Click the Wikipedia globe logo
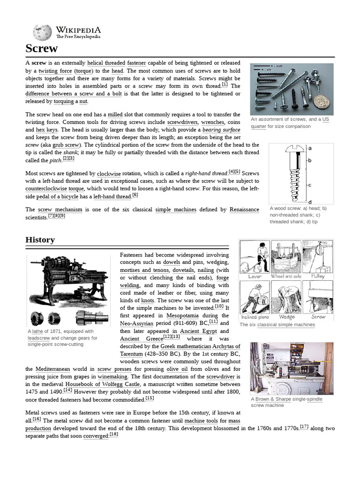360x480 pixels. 42,32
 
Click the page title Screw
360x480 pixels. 41,48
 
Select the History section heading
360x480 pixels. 40,240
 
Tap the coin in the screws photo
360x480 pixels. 322,101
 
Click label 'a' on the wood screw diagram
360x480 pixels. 310,148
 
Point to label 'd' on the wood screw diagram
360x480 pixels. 310,202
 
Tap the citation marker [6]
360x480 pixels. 135,195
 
